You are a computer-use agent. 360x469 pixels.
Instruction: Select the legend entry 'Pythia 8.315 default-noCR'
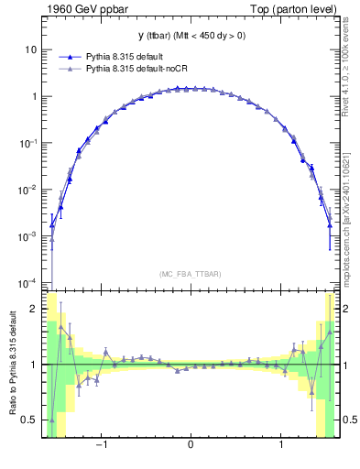pyautogui.click(x=135, y=70)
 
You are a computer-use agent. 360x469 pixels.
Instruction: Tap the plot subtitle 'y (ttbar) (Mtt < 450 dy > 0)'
pyautogui.click(x=190, y=36)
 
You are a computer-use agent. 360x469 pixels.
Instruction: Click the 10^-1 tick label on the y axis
pyautogui.click(x=30, y=143)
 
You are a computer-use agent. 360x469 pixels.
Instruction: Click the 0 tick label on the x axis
pyautogui.click(x=190, y=446)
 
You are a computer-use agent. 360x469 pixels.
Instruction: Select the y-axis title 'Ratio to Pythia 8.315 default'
pyautogui.click(x=12, y=364)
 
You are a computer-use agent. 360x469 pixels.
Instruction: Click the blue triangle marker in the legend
pyautogui.click(x=70, y=57)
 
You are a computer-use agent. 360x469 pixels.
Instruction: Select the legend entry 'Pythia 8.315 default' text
pyautogui.click(x=124, y=57)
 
